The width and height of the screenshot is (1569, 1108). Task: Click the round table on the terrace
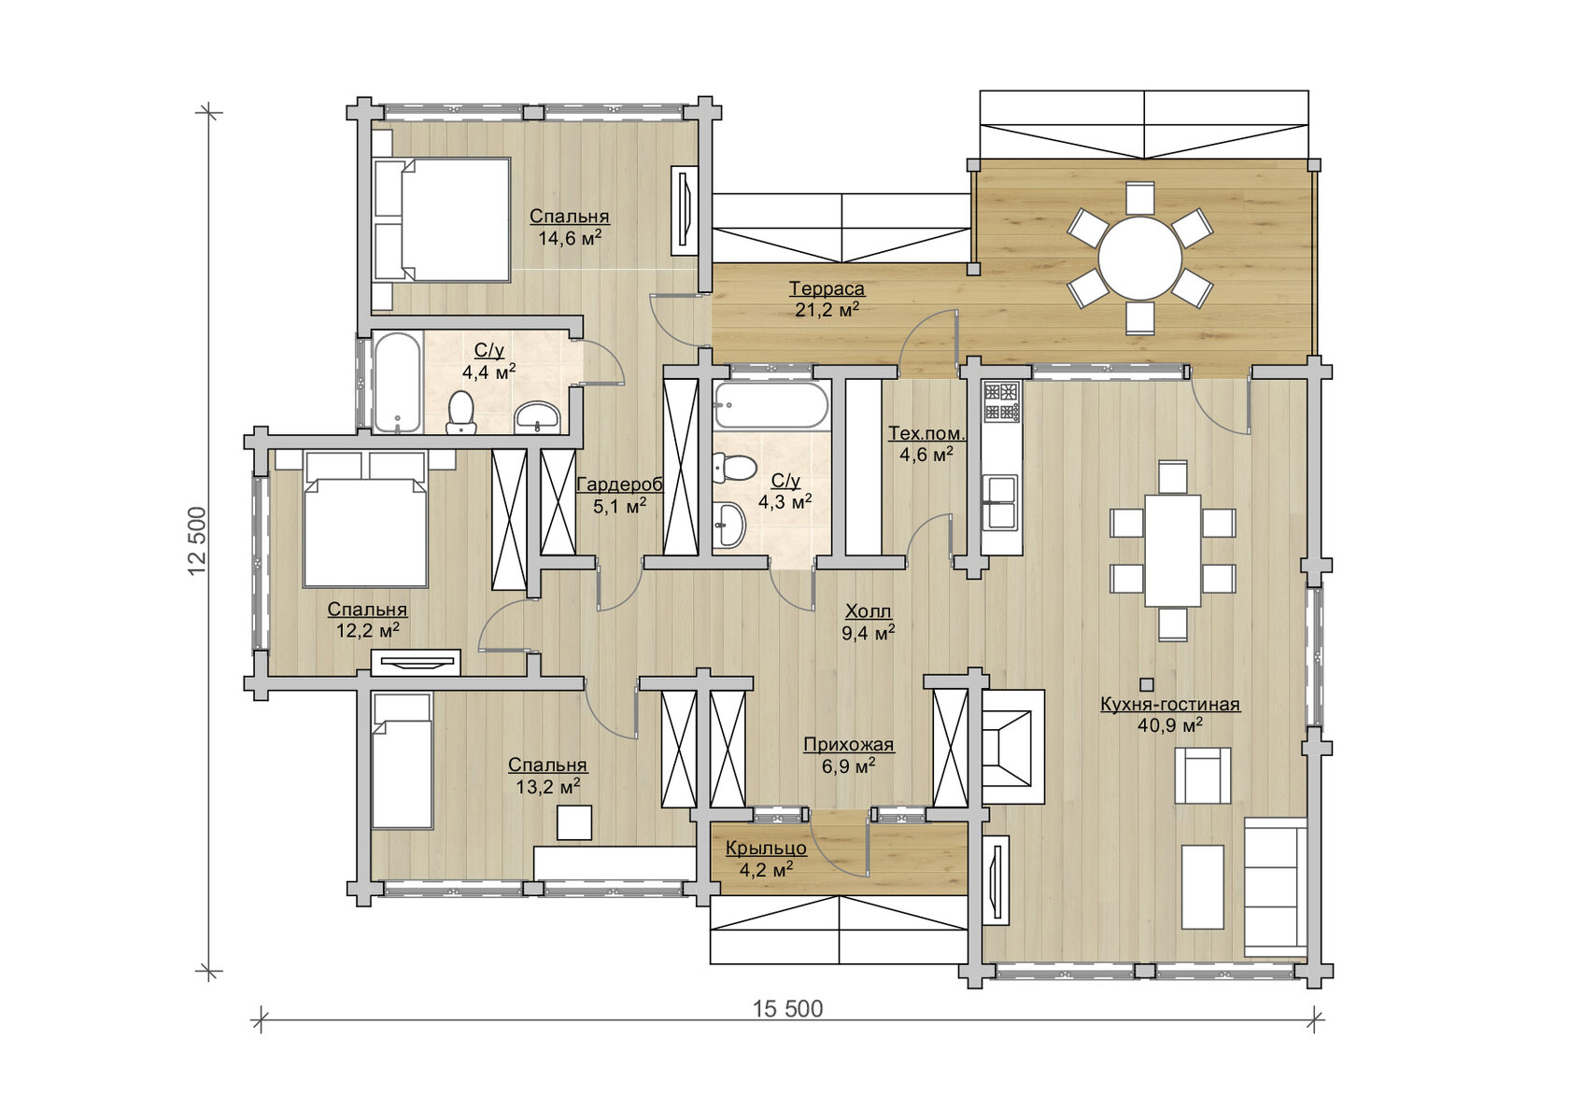1139,259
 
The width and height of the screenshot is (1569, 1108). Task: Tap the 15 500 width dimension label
787,1009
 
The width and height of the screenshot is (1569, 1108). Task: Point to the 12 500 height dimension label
198,541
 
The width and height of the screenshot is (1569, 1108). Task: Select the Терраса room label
827,288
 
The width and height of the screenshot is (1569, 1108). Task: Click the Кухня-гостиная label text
1169,704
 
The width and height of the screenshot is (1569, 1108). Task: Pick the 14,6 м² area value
570,238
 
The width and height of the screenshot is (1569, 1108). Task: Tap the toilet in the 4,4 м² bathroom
461,413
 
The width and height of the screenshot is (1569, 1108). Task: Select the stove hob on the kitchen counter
1001,401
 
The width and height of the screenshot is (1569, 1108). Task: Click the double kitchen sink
1001,502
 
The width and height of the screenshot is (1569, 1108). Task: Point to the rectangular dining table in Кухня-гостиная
1173,550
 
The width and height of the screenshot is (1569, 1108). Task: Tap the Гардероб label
619,484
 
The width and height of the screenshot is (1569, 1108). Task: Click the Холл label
868,611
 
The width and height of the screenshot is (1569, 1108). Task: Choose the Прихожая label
848,744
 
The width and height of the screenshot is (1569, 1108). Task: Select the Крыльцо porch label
766,849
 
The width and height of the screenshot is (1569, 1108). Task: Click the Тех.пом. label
926,433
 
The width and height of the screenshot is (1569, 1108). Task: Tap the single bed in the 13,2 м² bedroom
401,761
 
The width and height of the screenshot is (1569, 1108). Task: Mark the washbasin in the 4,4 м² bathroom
537,418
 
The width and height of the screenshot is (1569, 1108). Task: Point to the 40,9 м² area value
1169,725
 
